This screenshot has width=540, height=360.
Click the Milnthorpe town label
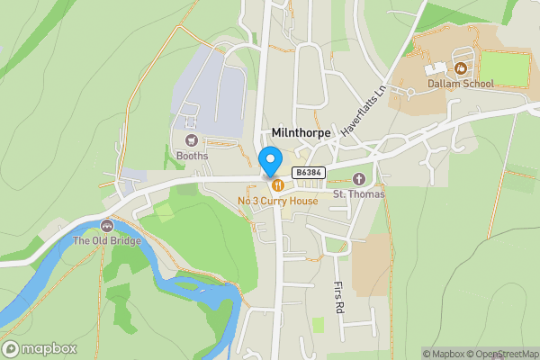301,133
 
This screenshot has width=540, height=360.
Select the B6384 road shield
308,172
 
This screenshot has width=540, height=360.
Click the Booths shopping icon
191,140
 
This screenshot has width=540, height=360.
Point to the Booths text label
192,156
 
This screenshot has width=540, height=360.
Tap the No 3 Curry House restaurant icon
277,185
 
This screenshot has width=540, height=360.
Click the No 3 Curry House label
277,201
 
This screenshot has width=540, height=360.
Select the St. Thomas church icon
359,178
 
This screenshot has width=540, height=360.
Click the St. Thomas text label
359,193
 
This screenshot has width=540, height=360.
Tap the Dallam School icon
461,67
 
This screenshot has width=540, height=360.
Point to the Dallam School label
461,84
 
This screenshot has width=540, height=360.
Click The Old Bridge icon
107,225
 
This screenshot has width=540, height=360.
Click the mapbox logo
40,348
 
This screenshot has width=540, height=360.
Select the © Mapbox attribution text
447,354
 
